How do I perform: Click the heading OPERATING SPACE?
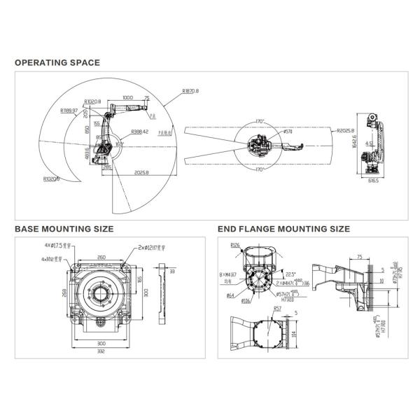click(x=57, y=62)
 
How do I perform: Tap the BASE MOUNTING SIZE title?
click(x=64, y=228)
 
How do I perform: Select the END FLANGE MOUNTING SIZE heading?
click(x=283, y=228)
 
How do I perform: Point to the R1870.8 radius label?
click(x=190, y=91)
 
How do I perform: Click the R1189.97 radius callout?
click(x=69, y=110)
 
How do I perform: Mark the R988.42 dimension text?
click(x=139, y=131)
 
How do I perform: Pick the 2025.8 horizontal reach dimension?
click(x=141, y=172)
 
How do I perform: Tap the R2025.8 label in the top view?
click(x=345, y=130)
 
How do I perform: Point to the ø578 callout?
click(x=287, y=131)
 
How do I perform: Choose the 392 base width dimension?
click(x=101, y=351)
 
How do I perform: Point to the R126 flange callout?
click(x=234, y=246)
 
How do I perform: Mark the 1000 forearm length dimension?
click(x=127, y=98)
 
